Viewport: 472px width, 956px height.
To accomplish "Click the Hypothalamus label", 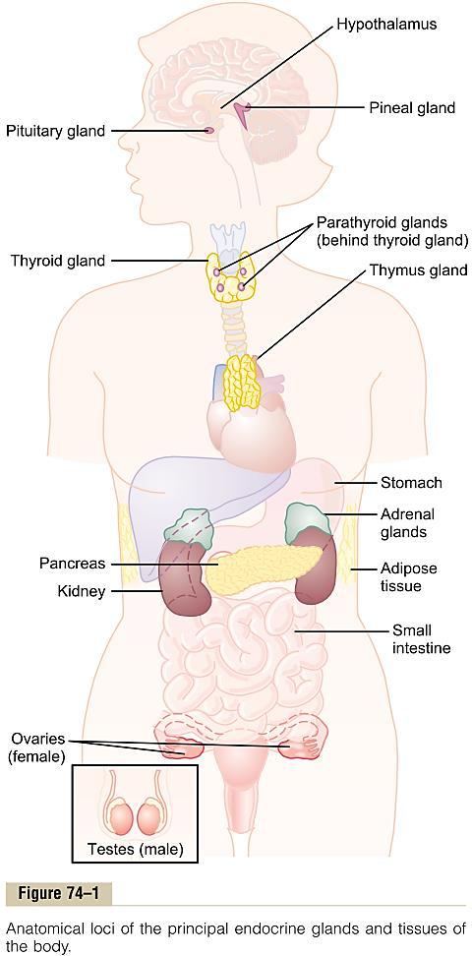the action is (386, 25).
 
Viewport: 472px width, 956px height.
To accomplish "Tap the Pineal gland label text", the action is (412, 108).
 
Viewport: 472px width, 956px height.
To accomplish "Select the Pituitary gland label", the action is (55, 131).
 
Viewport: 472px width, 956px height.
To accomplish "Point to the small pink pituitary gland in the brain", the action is (209, 130).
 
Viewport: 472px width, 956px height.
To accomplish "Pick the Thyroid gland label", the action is (59, 261).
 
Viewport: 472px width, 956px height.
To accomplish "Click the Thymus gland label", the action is (418, 270).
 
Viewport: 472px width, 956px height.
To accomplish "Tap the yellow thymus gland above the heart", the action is (243, 383).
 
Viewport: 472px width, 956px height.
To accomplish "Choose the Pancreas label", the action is (73, 564).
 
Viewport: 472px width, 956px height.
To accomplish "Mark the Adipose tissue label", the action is (409, 576).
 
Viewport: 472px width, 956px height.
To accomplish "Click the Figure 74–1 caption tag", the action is (59, 894).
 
